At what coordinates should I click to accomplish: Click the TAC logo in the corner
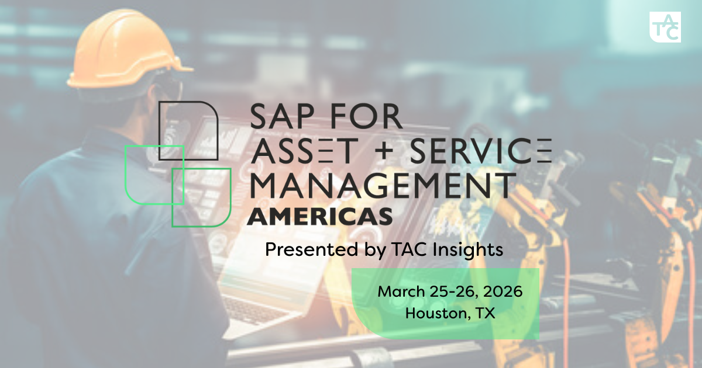[665, 27]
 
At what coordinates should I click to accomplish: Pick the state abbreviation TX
[485, 313]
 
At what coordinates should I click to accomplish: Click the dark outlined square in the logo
[189, 130]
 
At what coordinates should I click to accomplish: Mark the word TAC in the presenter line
[403, 250]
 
